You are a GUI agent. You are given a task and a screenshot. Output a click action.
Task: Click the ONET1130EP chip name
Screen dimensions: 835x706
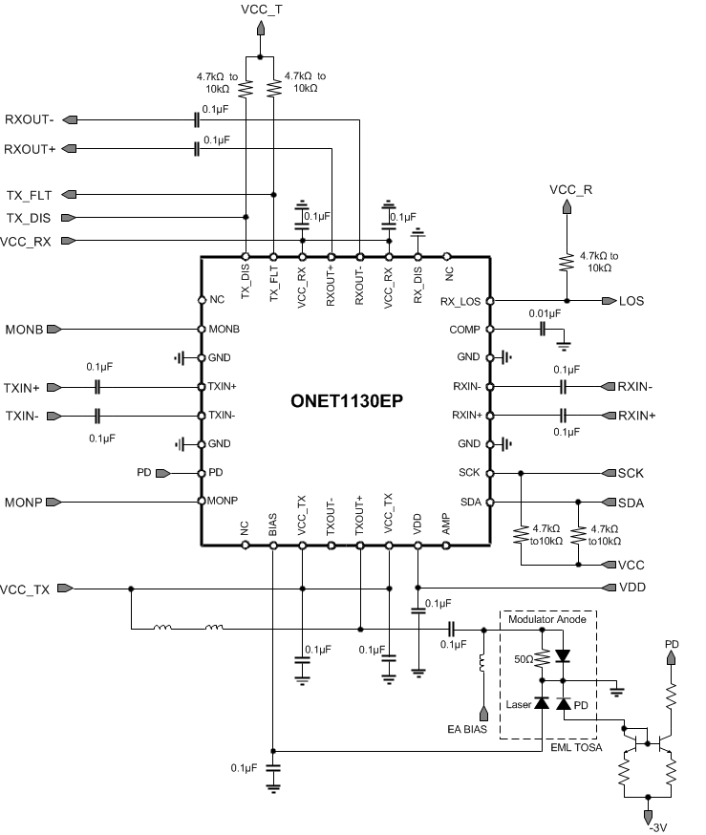345,401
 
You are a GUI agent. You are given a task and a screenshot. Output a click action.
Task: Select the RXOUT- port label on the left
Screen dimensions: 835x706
30,119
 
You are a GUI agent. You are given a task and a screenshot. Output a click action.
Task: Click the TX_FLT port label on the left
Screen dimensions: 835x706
29,194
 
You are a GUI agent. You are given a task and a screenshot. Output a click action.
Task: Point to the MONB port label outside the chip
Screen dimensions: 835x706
23,329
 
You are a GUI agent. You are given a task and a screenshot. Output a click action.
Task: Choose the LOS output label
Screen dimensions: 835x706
631,301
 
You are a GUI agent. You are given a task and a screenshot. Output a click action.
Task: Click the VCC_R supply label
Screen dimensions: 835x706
571,189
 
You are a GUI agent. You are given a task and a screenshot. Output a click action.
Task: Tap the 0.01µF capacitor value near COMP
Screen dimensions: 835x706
543,312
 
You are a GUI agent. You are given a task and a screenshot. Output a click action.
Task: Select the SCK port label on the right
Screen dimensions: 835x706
631,473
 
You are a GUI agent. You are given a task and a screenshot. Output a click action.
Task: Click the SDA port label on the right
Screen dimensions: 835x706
631,503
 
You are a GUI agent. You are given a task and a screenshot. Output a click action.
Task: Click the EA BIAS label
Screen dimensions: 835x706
466,730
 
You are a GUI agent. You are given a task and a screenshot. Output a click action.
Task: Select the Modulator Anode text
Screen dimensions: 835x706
549,619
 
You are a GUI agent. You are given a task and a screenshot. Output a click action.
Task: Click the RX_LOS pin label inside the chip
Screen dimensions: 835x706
461,301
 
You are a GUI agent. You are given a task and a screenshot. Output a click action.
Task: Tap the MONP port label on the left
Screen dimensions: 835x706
24,502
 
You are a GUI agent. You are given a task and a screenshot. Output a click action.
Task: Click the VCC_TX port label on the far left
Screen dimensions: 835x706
25,589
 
